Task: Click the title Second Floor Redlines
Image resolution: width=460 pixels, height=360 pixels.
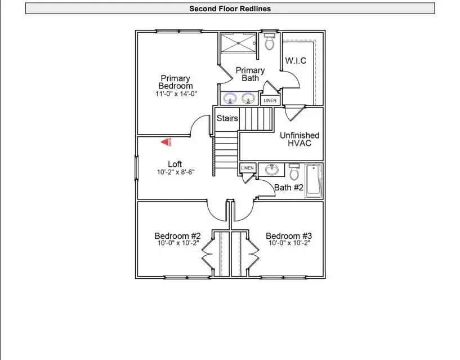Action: [230, 8]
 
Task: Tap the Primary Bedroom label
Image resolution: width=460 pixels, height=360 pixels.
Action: [175, 82]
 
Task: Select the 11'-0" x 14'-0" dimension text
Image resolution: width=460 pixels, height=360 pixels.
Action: [176, 94]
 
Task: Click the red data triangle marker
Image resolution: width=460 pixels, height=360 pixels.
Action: [166, 143]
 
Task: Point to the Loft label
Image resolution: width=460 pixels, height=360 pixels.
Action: [175, 165]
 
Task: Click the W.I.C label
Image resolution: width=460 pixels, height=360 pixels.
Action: [296, 61]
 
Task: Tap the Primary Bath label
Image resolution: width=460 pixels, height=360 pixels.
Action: [250, 74]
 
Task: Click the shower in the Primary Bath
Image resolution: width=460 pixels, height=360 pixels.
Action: [238, 43]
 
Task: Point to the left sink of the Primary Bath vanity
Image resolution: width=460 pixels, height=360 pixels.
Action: [230, 99]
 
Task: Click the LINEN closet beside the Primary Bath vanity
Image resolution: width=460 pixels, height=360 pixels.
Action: [270, 100]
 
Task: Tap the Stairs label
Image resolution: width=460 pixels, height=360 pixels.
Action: [227, 118]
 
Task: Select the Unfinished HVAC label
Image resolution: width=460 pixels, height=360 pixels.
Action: [299, 139]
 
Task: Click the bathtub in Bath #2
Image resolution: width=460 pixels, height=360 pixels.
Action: [313, 180]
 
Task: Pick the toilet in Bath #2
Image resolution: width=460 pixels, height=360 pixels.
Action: [294, 171]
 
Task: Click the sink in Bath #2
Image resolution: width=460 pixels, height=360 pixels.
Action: [272, 170]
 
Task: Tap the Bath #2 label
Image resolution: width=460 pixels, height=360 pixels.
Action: [289, 188]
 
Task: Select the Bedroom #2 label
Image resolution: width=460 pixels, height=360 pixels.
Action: [178, 236]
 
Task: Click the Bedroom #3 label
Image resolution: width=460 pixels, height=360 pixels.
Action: [289, 236]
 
